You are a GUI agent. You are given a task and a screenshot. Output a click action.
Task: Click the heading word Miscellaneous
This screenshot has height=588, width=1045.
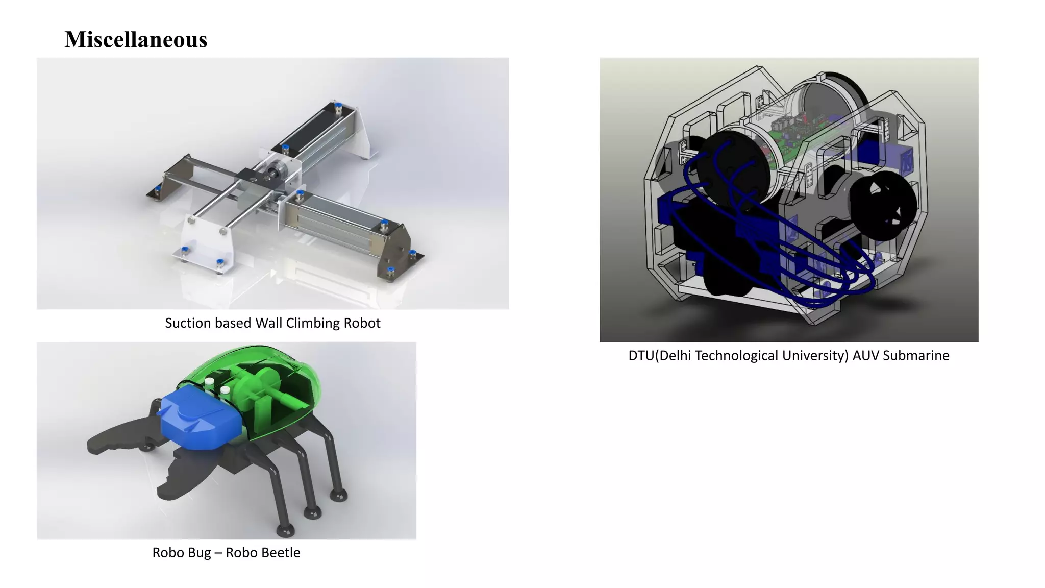coord(136,40)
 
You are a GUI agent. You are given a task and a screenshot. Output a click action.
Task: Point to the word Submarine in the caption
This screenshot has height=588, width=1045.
coord(916,356)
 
